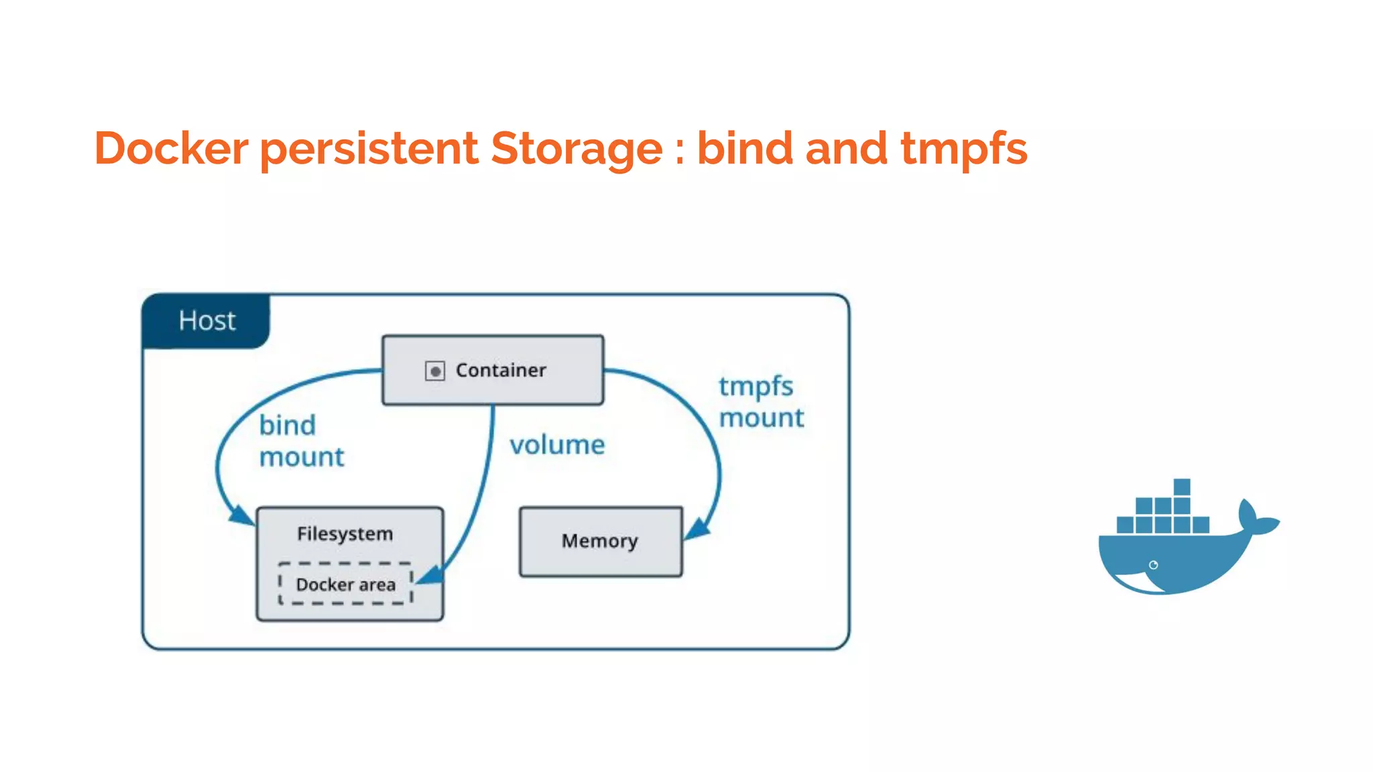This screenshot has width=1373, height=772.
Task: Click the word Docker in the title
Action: [x=172, y=148]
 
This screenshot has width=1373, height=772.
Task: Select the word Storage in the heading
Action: [x=577, y=148]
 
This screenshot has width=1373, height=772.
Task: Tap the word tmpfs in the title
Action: [x=963, y=148]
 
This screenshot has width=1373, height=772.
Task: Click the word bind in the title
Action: [x=745, y=148]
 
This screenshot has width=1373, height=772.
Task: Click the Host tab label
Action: [x=206, y=321]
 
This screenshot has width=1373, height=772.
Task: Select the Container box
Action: [x=493, y=370]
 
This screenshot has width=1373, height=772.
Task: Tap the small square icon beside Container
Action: [x=435, y=371]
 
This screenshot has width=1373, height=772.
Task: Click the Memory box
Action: [x=601, y=541]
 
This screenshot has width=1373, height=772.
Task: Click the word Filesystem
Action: [x=345, y=534]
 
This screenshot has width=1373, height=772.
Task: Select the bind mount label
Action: [x=300, y=441]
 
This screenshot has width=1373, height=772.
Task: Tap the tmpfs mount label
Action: [x=761, y=402]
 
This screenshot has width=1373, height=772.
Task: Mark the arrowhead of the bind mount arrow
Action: [x=241, y=515]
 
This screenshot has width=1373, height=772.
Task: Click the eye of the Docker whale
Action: [x=1153, y=565]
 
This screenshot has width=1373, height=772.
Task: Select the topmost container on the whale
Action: [x=1182, y=487]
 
